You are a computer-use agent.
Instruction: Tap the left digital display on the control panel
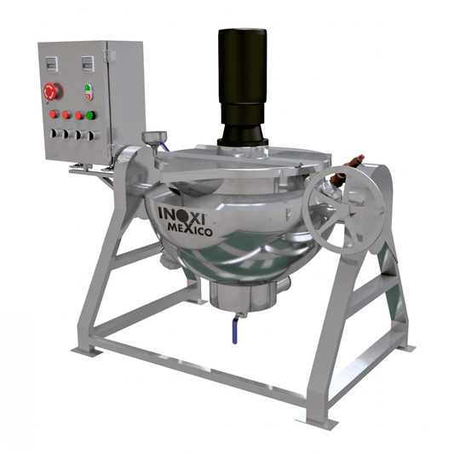pyautogui.click(x=52, y=64)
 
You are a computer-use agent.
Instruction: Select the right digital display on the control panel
pyautogui.click(x=88, y=64)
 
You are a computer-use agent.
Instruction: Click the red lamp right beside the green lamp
pyautogui.click(x=79, y=115)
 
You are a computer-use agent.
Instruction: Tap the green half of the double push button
pyautogui.click(x=88, y=88)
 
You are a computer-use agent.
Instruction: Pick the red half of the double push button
pyautogui.click(x=88, y=96)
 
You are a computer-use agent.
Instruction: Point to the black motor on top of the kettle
pyautogui.click(x=243, y=87)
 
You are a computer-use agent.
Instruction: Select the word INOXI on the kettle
pyautogui.click(x=182, y=216)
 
